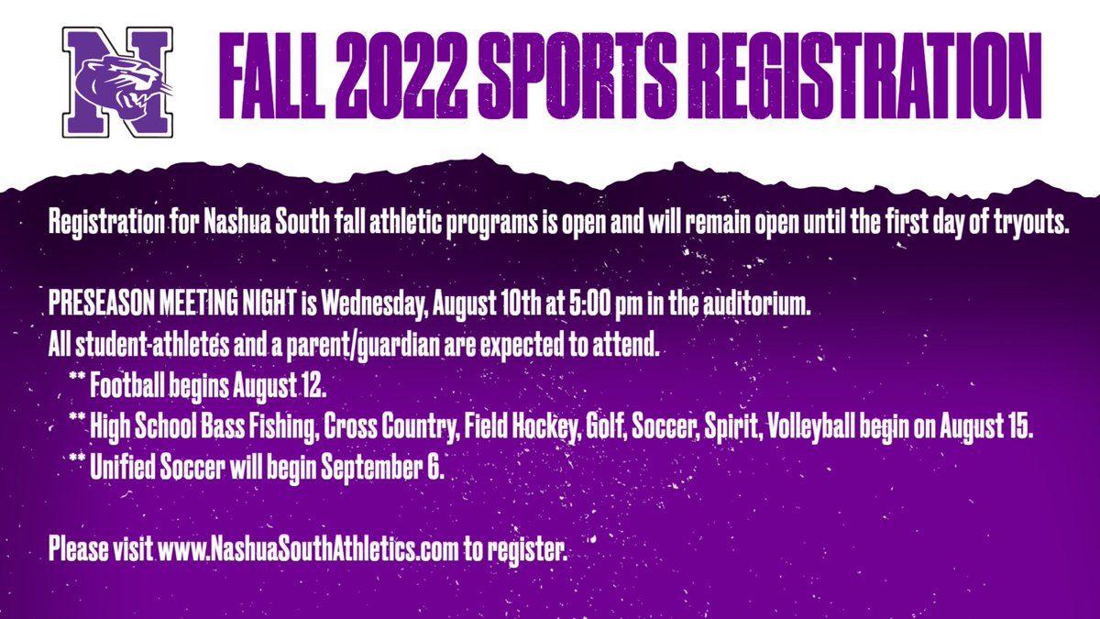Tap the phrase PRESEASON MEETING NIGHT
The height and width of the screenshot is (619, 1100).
tap(170, 304)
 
